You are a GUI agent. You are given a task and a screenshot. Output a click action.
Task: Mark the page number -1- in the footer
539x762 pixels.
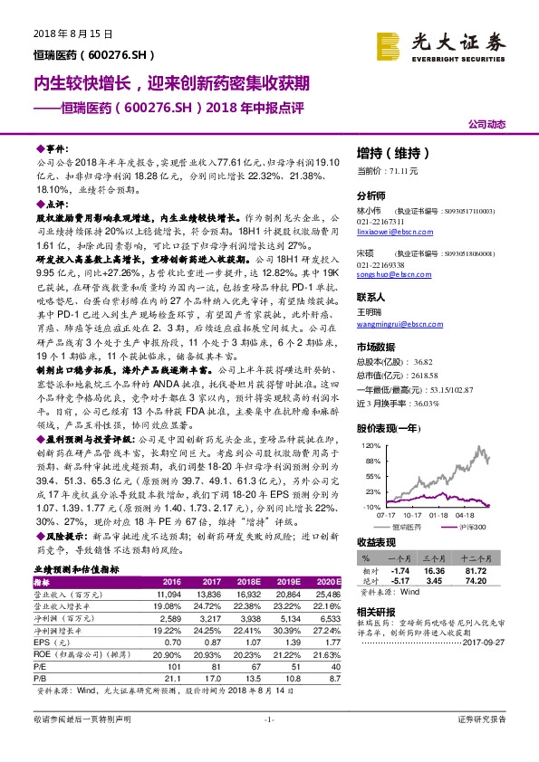(x=268, y=743)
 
